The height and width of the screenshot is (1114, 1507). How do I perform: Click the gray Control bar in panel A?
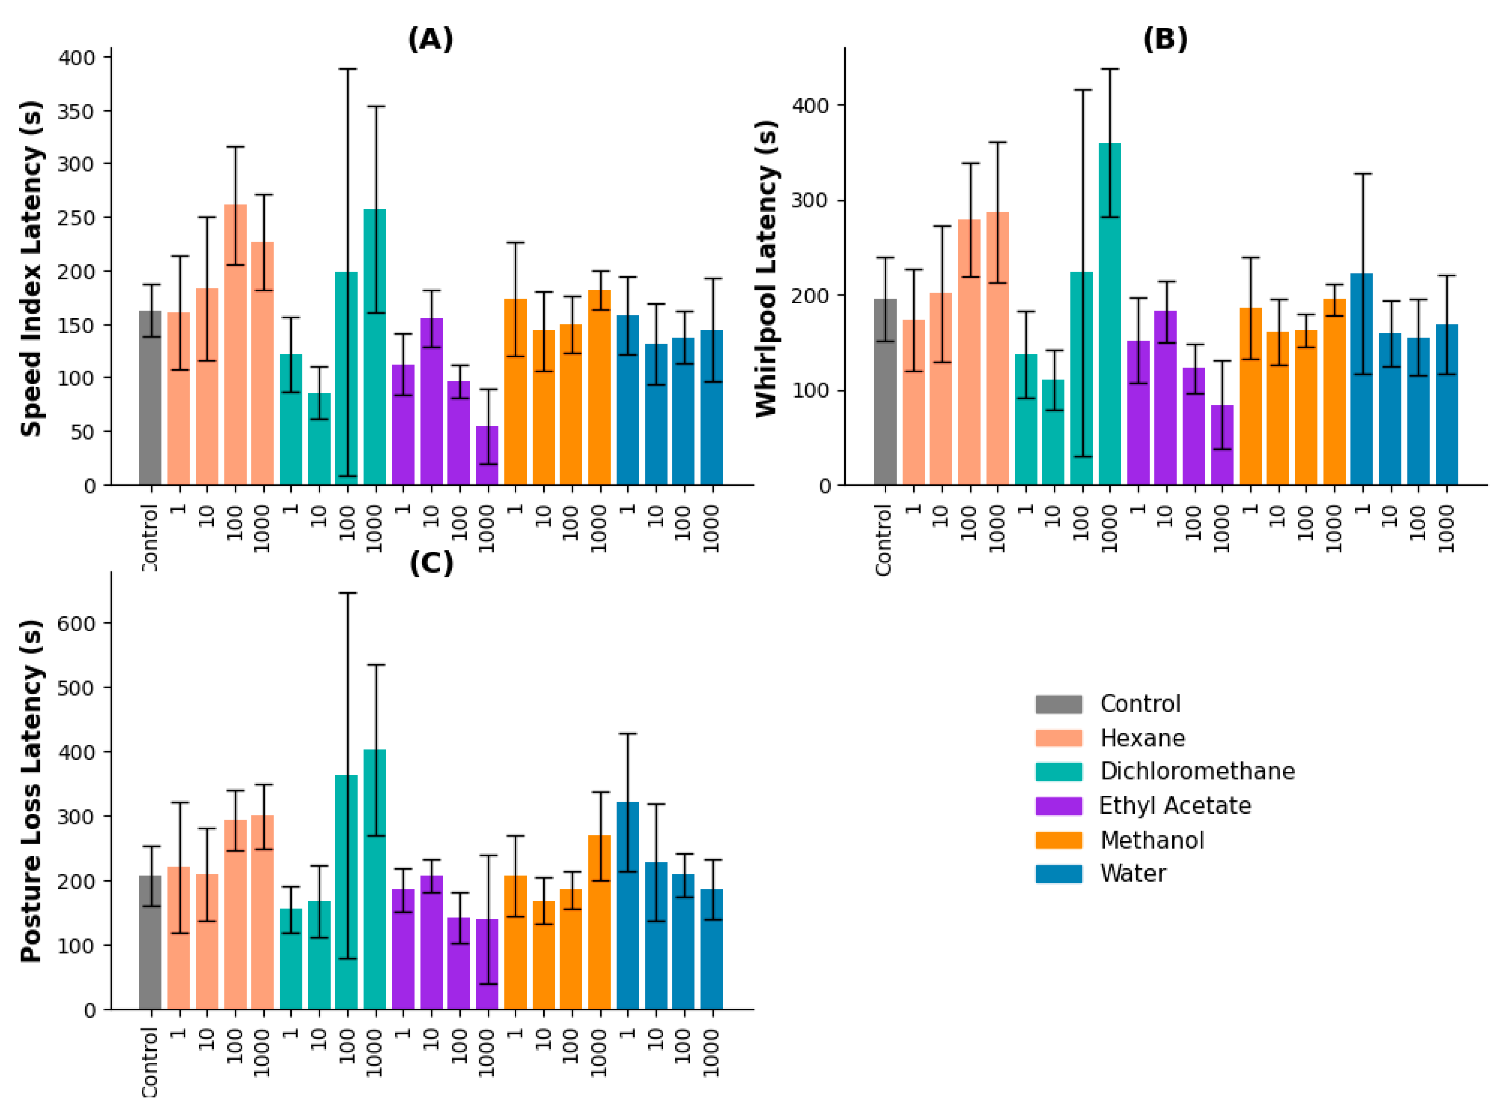pyautogui.click(x=150, y=398)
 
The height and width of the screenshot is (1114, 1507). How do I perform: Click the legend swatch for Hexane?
pyautogui.click(x=1058, y=738)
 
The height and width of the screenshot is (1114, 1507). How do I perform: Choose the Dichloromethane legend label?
pyautogui.click(x=1197, y=771)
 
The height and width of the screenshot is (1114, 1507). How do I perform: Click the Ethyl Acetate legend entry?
pyautogui.click(x=1174, y=806)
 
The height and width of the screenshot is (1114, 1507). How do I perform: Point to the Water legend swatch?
pyautogui.click(x=1058, y=874)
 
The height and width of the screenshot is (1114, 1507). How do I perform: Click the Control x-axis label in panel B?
pyautogui.click(x=884, y=539)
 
